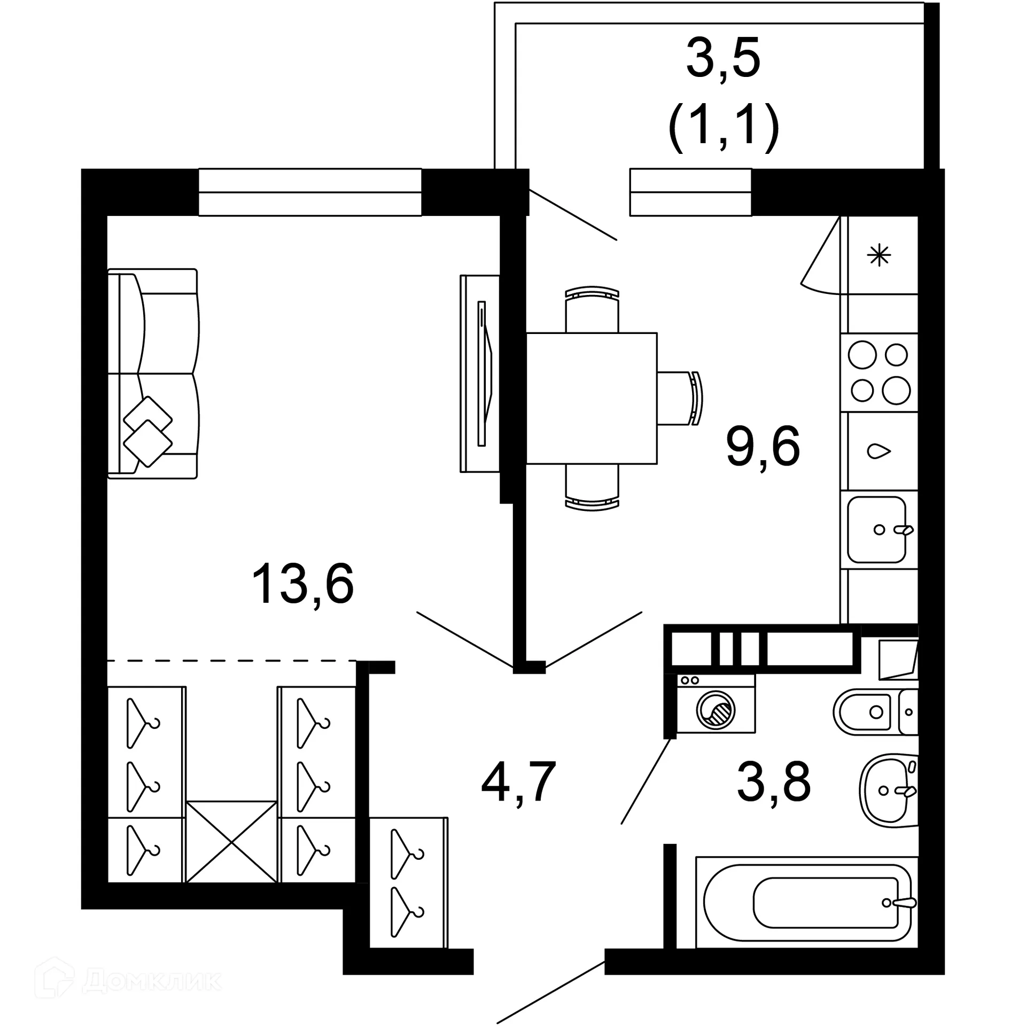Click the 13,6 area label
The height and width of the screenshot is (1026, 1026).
tap(302, 585)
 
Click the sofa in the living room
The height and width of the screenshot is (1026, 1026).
tap(153, 374)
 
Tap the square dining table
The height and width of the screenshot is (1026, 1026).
tap(592, 398)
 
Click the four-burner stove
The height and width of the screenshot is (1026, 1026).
tap(879, 372)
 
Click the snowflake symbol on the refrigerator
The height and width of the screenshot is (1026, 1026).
tap(879, 255)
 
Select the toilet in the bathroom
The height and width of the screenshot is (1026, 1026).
tap(871, 711)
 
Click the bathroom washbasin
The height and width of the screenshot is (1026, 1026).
tap(887, 789)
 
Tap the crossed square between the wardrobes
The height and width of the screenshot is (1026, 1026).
tap(231, 842)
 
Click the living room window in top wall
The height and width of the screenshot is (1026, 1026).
tap(310, 192)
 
